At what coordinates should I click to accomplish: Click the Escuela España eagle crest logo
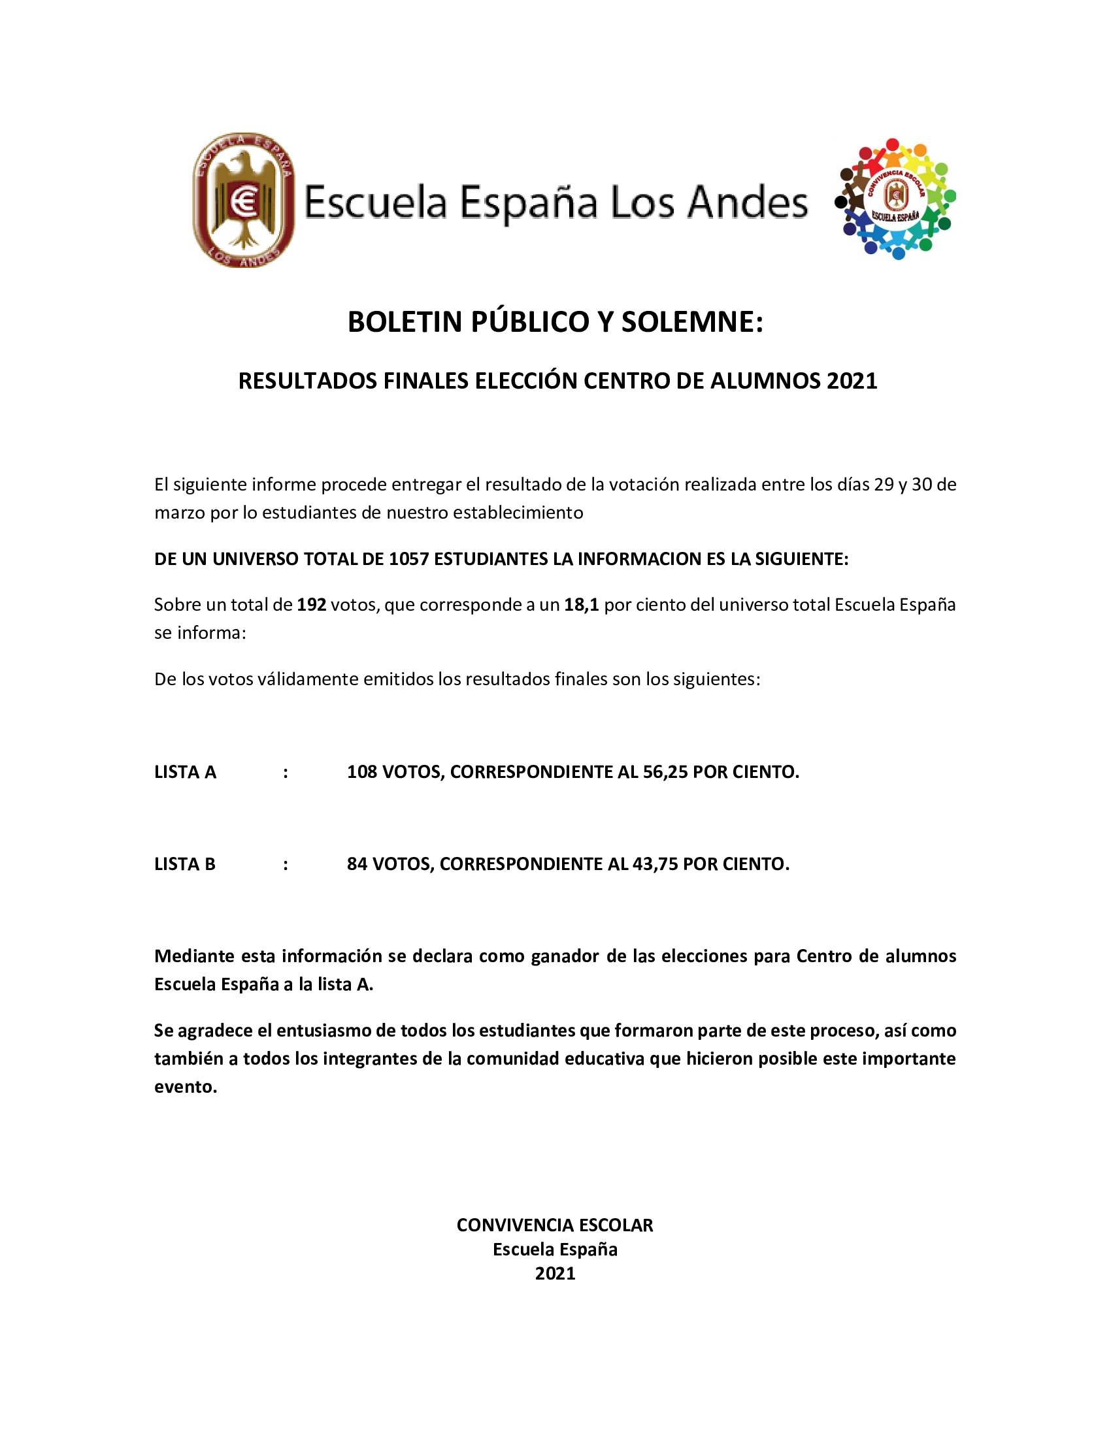click(244, 200)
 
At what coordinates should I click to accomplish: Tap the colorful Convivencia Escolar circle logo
click(895, 199)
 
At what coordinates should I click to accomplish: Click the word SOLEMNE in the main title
click(691, 322)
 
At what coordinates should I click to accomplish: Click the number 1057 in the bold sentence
click(408, 558)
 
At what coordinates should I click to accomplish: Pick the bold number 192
click(311, 605)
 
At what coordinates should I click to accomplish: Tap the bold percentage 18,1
click(581, 605)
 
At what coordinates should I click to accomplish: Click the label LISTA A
click(185, 772)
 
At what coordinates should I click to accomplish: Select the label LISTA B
click(185, 864)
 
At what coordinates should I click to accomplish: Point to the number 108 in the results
click(362, 772)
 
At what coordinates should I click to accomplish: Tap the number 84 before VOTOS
click(357, 864)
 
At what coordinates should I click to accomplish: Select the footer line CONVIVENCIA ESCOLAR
click(555, 1225)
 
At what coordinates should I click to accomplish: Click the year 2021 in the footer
click(555, 1273)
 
